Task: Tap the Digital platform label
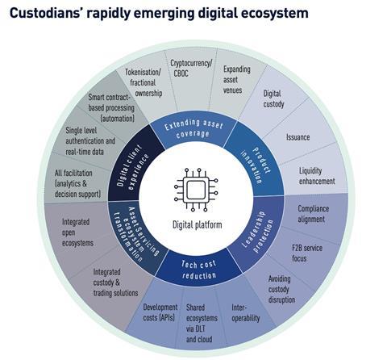198,224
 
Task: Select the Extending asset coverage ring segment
193,128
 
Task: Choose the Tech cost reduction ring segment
199,269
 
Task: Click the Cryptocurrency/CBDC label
191,69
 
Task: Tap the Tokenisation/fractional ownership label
144,82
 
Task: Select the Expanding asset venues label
236,80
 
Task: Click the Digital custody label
273,99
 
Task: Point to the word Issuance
298,137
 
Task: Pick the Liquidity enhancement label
317,176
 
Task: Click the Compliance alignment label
313,214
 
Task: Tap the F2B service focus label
307,253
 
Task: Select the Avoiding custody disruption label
281,289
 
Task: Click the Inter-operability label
246,312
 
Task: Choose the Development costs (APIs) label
160,312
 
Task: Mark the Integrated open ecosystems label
77,232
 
